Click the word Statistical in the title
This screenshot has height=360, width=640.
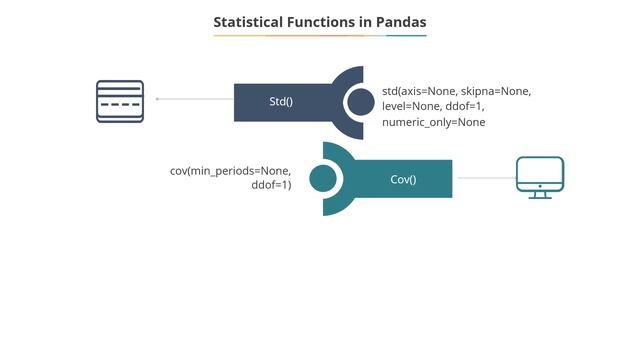tap(247, 21)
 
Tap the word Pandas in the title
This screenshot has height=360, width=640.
tap(398, 21)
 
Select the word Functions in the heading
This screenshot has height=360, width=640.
tap(318, 21)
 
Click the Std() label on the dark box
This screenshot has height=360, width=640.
tap(281, 102)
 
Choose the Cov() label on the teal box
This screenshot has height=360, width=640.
tap(403, 180)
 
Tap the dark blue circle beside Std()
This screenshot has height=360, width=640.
tap(360, 101)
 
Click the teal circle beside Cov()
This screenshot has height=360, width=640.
tap(323, 179)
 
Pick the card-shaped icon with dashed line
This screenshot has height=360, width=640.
tap(120, 101)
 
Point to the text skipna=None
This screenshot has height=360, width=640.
tap(496, 92)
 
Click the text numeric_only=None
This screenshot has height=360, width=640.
tap(433, 122)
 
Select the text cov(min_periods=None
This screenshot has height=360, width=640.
tap(230, 171)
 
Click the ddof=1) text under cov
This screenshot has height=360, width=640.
tap(271, 186)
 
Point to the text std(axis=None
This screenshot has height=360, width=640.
tap(419, 92)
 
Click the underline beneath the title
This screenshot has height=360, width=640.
tap(320, 36)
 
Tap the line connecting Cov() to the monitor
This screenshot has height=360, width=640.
tap(484, 178)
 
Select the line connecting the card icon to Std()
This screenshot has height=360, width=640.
tap(195, 99)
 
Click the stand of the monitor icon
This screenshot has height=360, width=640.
tap(540, 194)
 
